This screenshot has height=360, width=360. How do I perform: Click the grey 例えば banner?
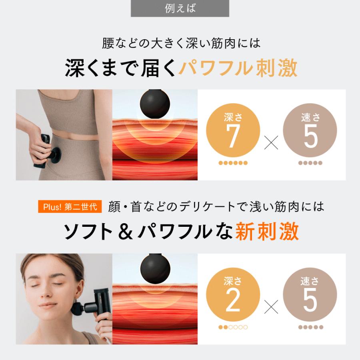coord(180,8)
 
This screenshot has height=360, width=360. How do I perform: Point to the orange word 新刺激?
coord(267,232)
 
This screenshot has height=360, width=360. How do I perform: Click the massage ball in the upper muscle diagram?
coord(155,104)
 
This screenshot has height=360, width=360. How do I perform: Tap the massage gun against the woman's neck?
coord(90,308)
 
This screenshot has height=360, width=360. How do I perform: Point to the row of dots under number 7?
coord(233,163)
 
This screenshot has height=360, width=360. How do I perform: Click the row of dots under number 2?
coord(233,327)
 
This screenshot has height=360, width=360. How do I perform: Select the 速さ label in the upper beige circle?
coord(310,118)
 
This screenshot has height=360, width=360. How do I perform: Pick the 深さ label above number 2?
coord(233,281)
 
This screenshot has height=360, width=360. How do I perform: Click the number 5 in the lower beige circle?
coord(310,301)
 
